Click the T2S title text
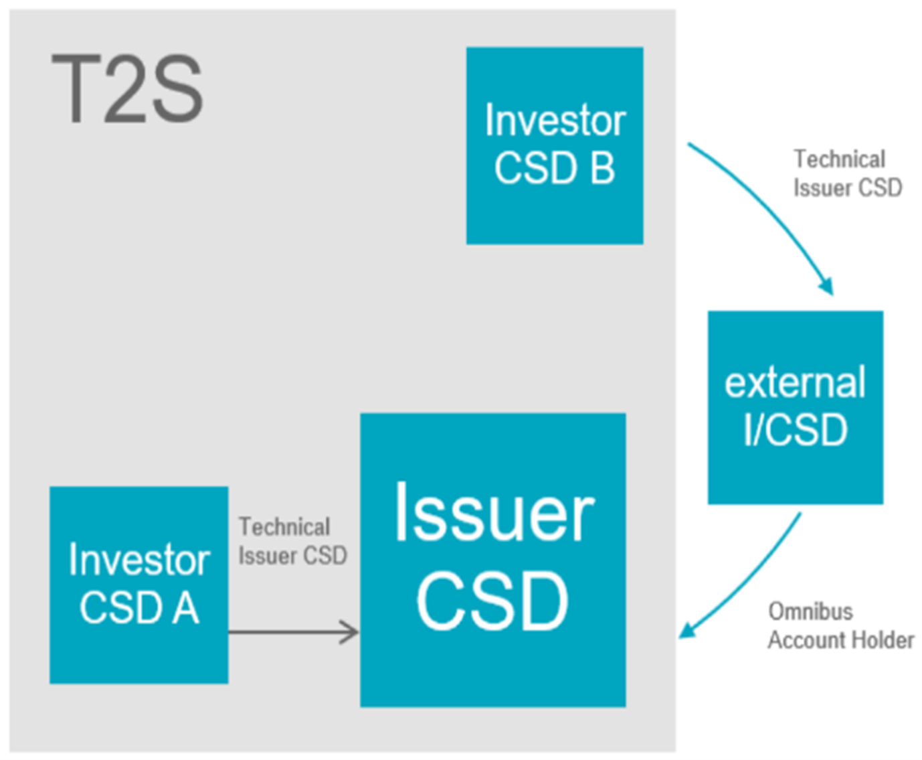127,88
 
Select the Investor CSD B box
555,145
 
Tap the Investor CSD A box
139,585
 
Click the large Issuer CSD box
493,560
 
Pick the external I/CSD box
796,407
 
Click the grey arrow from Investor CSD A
293,632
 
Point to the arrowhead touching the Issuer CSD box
350,632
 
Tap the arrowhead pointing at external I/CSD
826,287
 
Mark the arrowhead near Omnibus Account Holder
687,630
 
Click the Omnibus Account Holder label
841,625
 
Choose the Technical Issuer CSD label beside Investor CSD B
848,173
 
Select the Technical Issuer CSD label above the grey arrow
293,541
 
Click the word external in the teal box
795,382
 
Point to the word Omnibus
811,612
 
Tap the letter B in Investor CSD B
602,168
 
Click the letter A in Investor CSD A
185,607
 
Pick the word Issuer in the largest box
494,512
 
